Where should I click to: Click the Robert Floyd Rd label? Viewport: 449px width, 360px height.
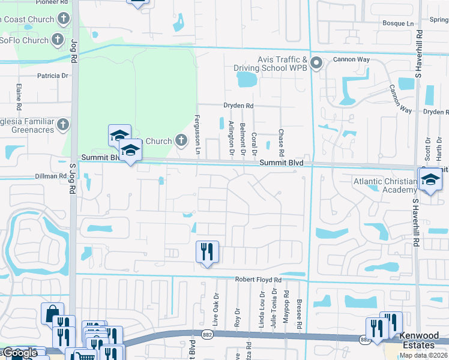(x=258, y=280)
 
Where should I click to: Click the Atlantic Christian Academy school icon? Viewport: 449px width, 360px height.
(x=430, y=179)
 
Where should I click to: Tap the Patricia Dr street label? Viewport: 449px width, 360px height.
(x=53, y=76)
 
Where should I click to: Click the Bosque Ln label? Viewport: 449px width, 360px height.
(x=399, y=23)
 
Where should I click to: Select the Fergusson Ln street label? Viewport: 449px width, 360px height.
(x=197, y=134)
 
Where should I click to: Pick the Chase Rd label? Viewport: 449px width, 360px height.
(x=280, y=140)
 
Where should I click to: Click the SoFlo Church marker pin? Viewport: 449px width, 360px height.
(x=58, y=41)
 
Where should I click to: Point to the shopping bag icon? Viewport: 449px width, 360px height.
(x=52, y=313)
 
